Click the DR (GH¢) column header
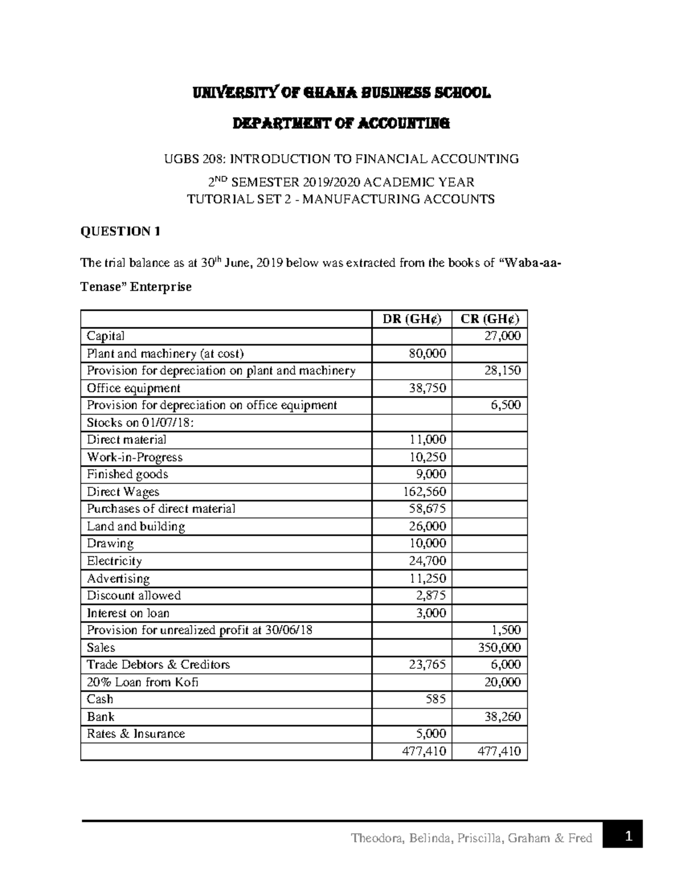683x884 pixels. click(412, 319)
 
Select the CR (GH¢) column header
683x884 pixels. click(490, 319)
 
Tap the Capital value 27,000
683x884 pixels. click(502, 336)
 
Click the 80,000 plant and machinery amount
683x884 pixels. click(427, 353)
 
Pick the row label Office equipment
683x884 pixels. click(133, 388)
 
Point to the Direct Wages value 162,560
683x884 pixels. click(424, 491)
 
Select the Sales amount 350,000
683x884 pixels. click(499, 647)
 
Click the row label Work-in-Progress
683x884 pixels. click(134, 457)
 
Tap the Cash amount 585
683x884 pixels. click(435, 699)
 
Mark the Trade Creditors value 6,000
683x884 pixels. click(505, 664)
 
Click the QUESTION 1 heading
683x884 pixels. click(120, 231)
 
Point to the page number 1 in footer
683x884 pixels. click(628, 836)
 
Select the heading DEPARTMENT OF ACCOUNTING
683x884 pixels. click(341, 123)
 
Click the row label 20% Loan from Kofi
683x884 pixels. click(142, 682)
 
